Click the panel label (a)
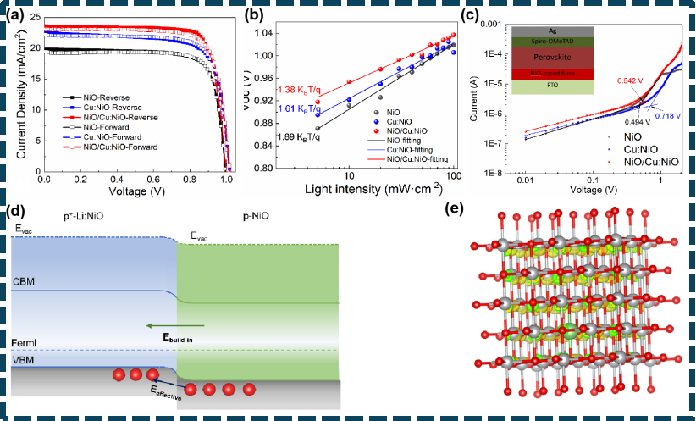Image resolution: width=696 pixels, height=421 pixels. (16, 14)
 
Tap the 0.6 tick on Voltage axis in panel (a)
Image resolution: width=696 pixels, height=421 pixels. (153, 181)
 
